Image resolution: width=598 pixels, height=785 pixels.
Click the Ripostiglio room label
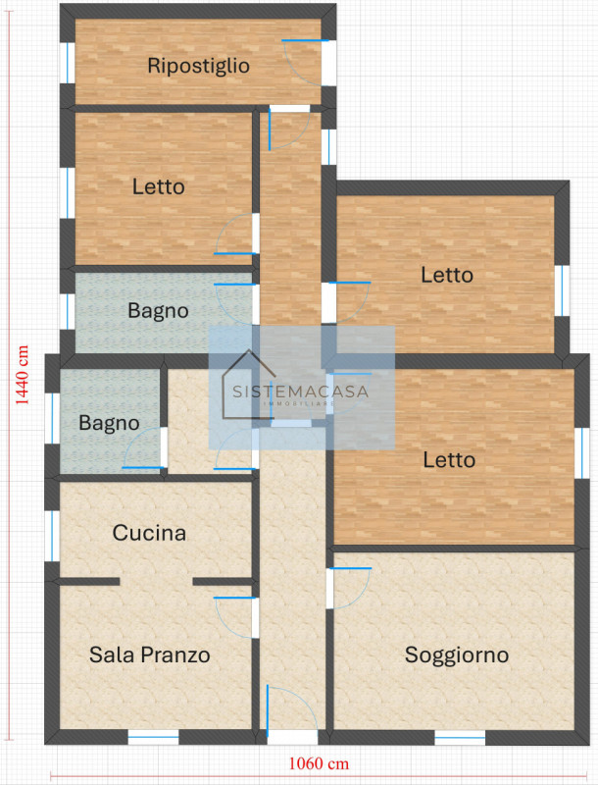199,67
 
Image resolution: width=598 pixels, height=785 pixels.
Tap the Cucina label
149,534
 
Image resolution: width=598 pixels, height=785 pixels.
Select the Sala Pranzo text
150,654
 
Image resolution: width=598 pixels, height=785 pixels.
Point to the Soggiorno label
457,654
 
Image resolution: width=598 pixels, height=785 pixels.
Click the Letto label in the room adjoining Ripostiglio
158,185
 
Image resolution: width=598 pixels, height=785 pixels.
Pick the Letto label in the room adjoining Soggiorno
449,459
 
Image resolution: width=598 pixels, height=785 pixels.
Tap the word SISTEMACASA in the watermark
300,391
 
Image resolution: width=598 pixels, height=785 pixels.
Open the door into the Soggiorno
351,587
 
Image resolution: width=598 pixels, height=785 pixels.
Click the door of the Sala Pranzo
235,616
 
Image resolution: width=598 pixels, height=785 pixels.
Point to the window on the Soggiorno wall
460,737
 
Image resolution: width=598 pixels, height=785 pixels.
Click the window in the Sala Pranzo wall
153,737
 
